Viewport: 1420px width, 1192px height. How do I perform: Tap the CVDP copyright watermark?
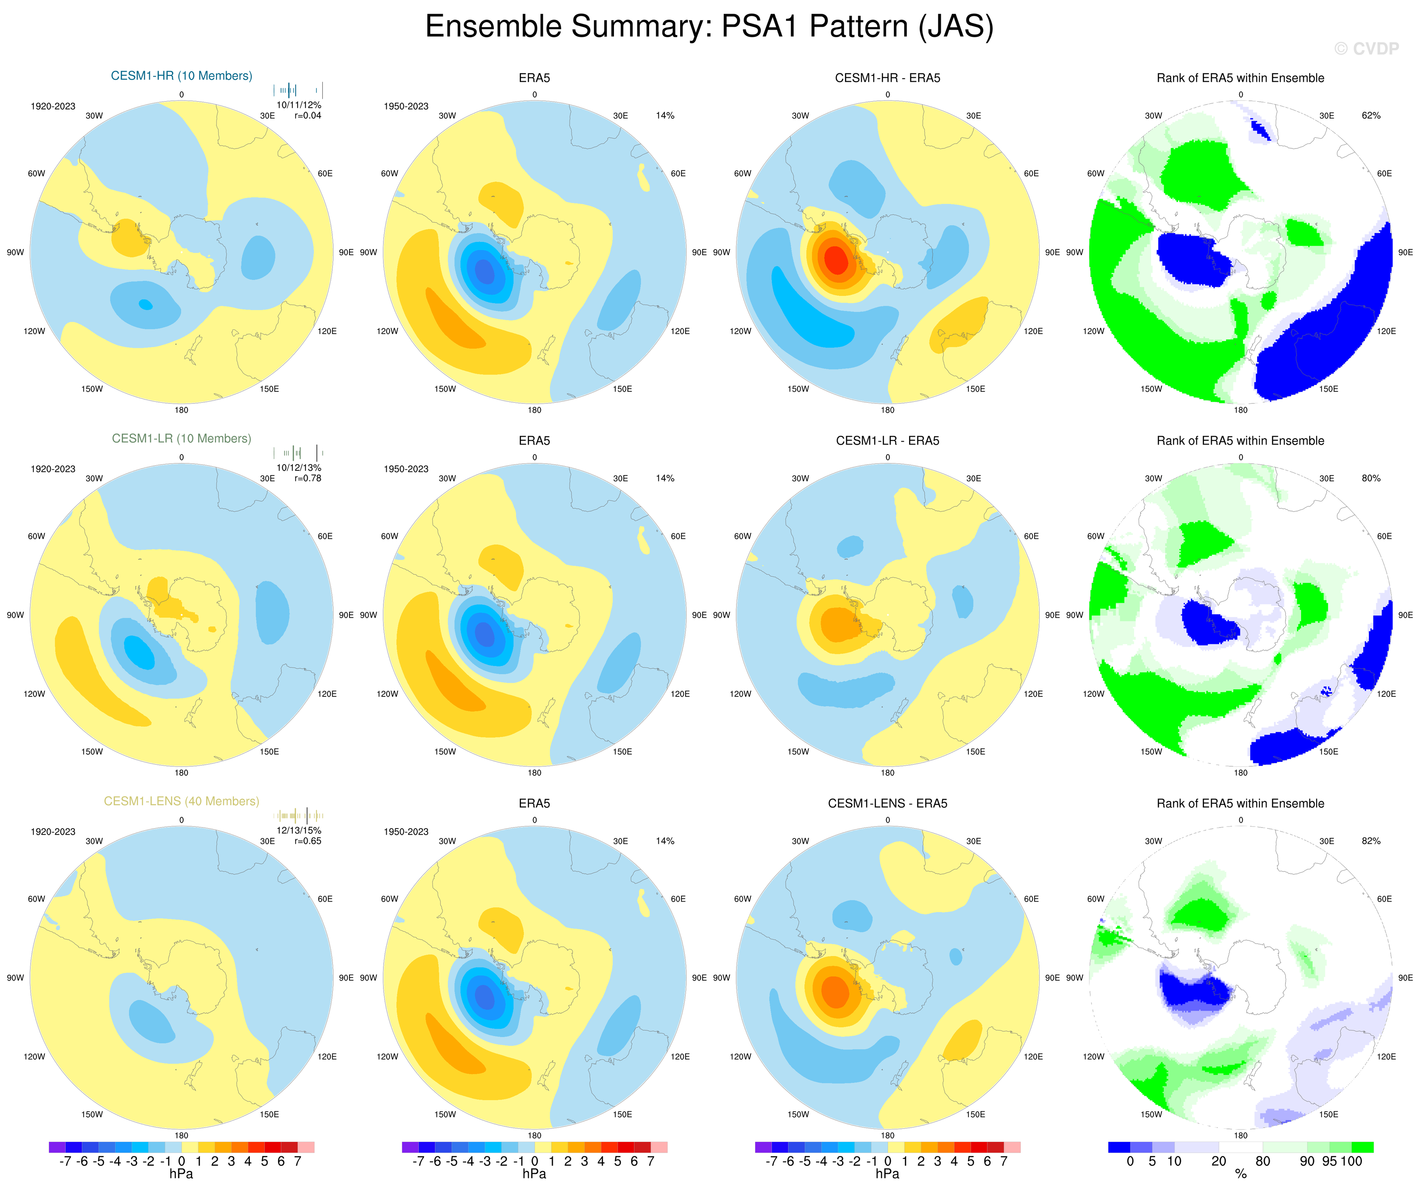pyautogui.click(x=1366, y=49)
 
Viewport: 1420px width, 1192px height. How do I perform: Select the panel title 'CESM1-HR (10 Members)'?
pyautogui.click(x=181, y=76)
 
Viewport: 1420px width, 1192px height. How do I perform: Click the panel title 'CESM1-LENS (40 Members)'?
pyautogui.click(x=181, y=801)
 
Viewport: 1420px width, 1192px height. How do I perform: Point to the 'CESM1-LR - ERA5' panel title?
pyautogui.click(x=887, y=441)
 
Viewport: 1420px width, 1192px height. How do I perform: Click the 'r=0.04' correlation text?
pyautogui.click(x=308, y=116)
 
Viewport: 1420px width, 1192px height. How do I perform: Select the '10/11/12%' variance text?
pyautogui.click(x=298, y=105)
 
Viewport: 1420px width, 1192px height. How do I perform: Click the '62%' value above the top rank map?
pyautogui.click(x=1371, y=116)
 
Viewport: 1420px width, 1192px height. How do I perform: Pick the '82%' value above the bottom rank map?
pyautogui.click(x=1371, y=841)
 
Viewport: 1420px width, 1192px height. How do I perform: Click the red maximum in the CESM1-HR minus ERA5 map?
pyautogui.click(x=837, y=259)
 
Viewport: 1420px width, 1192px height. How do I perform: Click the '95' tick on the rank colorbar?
pyautogui.click(x=1329, y=1161)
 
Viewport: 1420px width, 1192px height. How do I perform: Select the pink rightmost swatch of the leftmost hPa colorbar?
pyautogui.click(x=306, y=1147)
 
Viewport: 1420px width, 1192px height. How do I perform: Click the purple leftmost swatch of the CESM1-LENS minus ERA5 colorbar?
pyautogui.click(x=763, y=1147)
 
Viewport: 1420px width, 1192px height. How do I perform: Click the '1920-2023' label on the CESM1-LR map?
pyautogui.click(x=53, y=469)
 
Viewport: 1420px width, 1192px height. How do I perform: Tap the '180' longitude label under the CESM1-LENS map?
pyautogui.click(x=181, y=1136)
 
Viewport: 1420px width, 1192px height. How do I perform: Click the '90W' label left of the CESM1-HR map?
pyautogui.click(x=15, y=253)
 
